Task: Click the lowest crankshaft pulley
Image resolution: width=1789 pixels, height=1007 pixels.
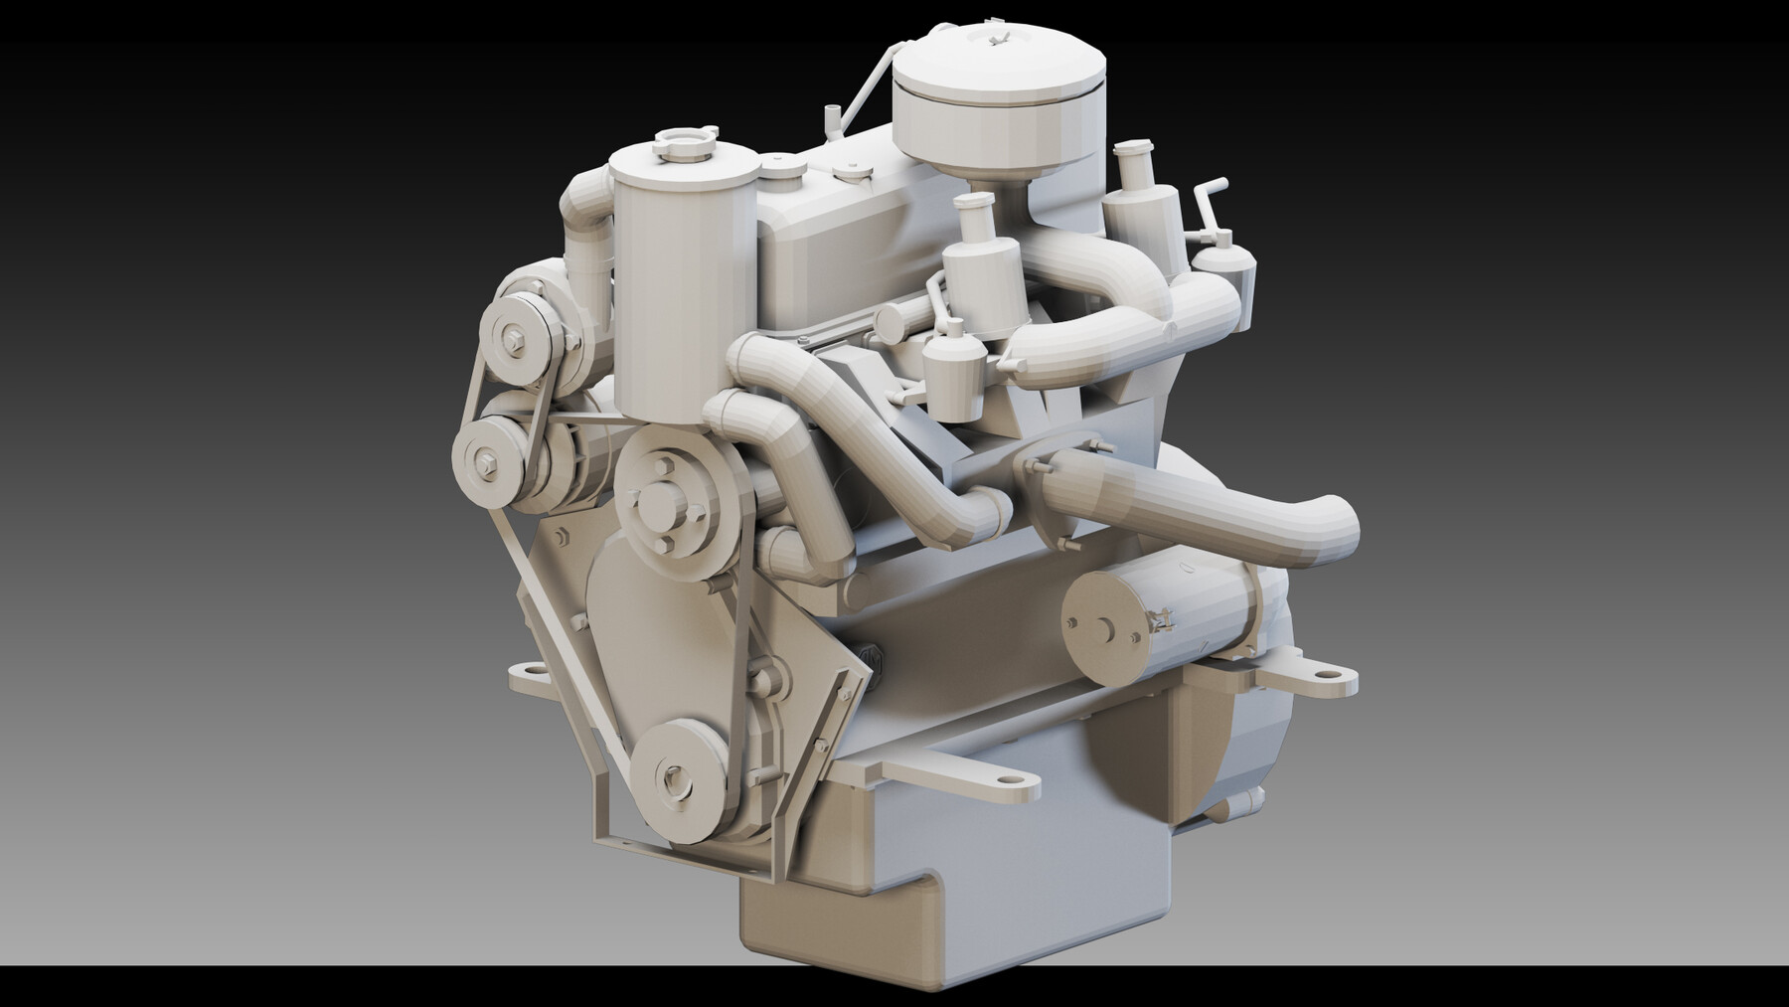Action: pyautogui.click(x=679, y=771)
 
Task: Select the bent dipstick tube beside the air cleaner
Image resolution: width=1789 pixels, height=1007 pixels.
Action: pyautogui.click(x=865, y=80)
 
